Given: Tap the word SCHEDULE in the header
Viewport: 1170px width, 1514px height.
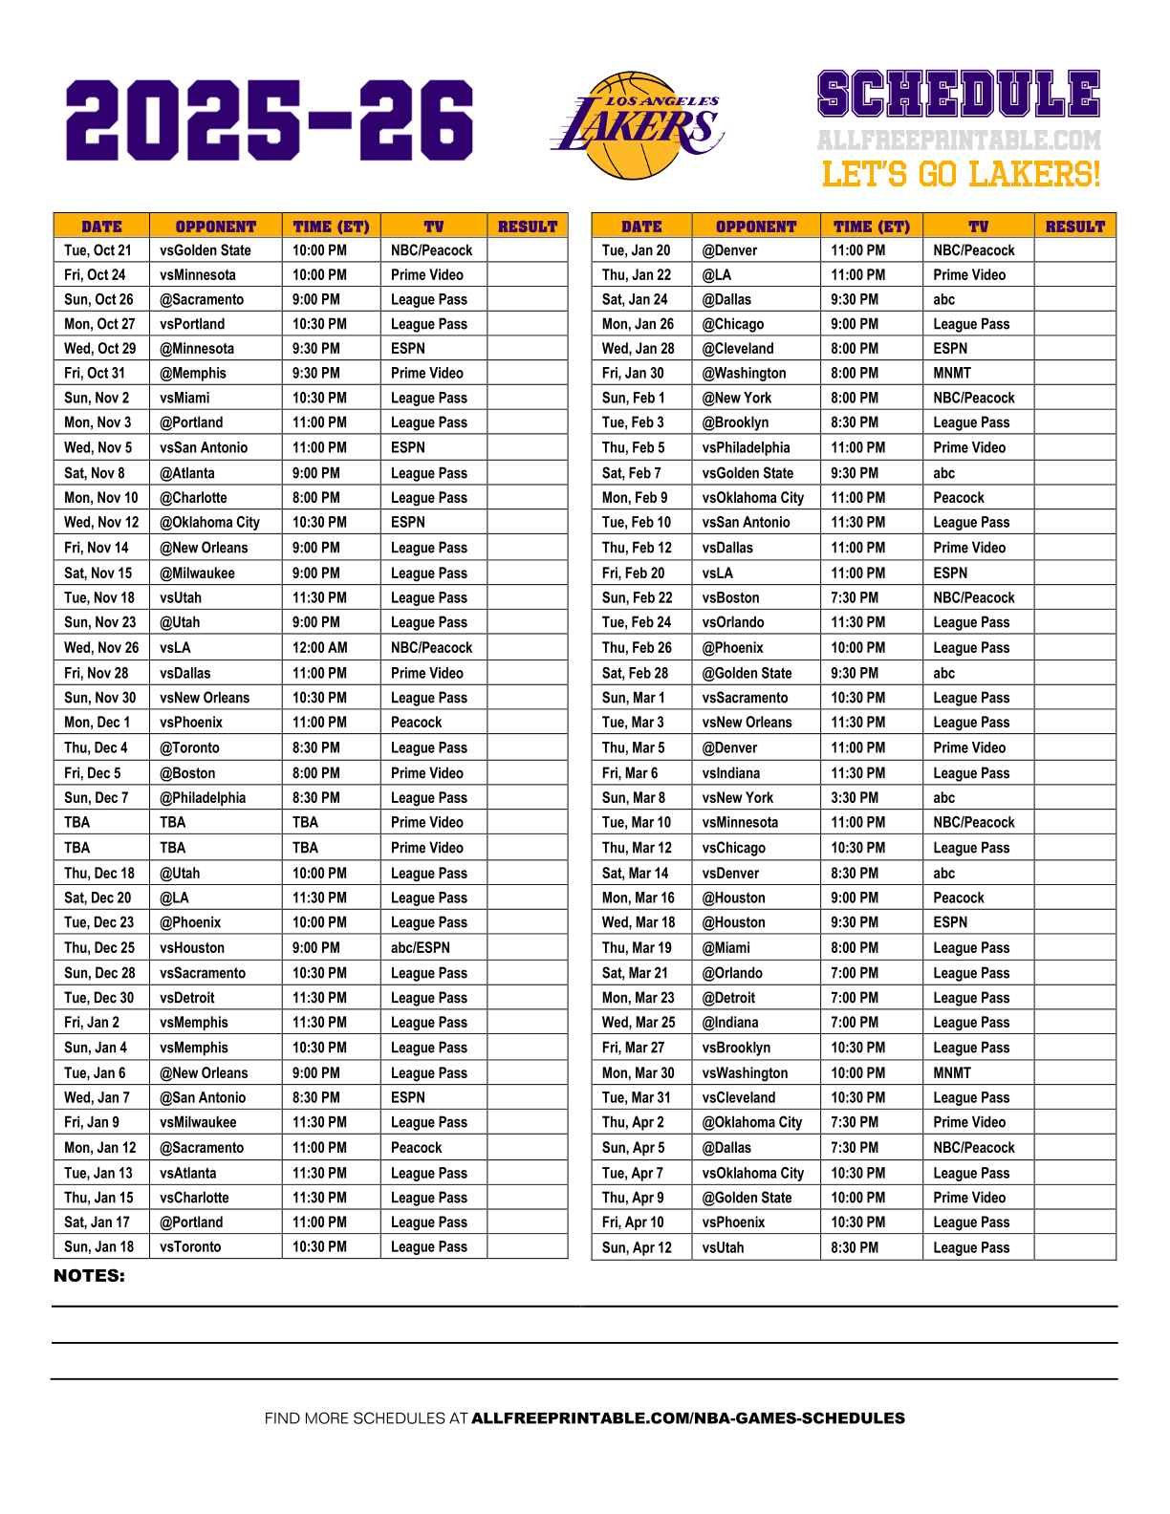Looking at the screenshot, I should point(958,96).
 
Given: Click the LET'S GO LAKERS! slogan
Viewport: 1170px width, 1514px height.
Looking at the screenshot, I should point(960,175).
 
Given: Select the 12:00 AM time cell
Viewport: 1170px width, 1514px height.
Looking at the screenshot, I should point(320,647).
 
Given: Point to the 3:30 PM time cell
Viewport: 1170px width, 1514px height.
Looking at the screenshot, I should point(855,798).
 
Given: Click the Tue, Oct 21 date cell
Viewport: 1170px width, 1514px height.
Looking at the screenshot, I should point(97,250).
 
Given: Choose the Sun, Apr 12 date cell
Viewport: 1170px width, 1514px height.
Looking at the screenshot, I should point(637,1247).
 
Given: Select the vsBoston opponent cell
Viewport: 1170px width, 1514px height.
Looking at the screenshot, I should point(730,597).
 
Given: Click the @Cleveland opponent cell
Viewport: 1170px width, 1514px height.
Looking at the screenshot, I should point(738,349).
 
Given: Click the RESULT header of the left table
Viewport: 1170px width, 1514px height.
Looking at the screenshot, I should point(527,227).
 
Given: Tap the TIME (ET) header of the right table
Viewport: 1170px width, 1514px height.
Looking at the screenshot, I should point(871,227).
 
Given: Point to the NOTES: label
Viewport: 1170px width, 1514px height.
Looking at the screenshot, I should point(89,1276).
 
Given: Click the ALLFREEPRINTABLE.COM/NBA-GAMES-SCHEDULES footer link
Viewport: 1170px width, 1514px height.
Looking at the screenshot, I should point(687,1418).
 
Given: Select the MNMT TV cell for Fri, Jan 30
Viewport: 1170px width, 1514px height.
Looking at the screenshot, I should point(951,374).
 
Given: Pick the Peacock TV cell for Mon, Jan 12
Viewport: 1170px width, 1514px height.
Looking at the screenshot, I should point(416,1148).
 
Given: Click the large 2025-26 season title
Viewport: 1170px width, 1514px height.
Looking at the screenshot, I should point(269,120).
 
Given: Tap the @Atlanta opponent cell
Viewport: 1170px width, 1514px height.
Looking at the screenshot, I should point(187,473).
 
